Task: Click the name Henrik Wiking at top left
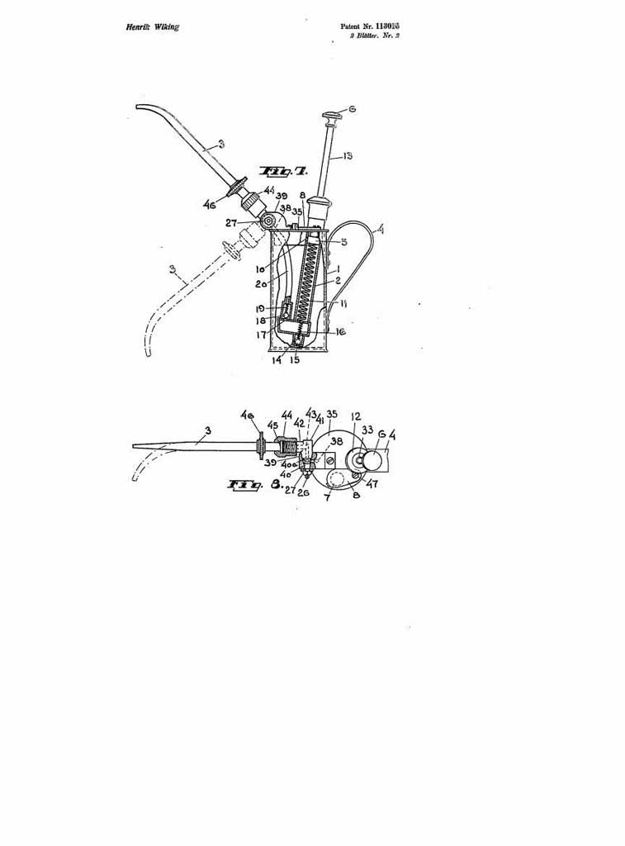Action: [x=153, y=27]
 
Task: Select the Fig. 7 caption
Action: [x=282, y=171]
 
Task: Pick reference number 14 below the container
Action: [x=276, y=360]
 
